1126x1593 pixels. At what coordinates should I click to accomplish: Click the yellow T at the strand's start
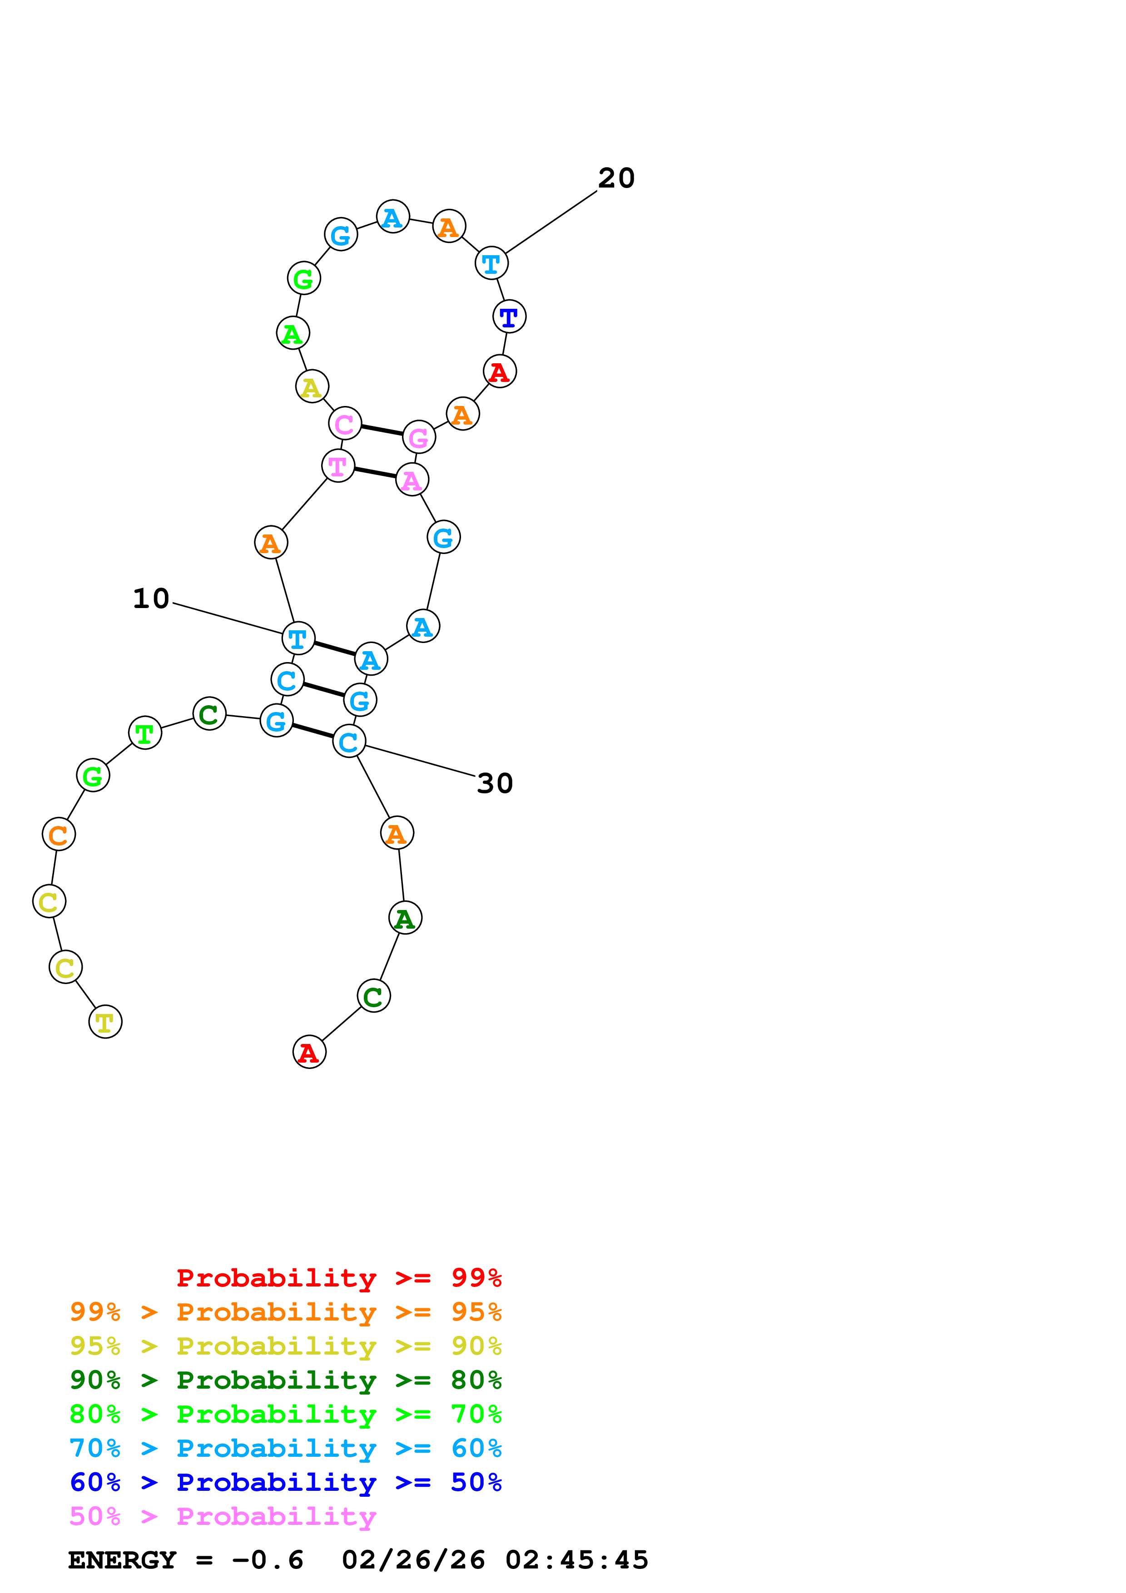click(105, 1022)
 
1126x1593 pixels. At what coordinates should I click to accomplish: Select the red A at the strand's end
click(309, 1053)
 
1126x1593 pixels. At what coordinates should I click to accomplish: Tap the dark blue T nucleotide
click(509, 317)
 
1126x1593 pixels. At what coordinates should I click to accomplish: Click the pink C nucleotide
click(345, 424)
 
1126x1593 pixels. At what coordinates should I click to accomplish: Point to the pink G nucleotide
click(419, 437)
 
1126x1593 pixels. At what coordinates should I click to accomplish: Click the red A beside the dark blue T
click(500, 372)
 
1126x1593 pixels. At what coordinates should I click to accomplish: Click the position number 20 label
click(616, 178)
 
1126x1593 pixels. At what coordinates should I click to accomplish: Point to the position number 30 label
click(495, 783)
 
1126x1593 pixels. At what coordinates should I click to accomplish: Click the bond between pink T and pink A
click(375, 472)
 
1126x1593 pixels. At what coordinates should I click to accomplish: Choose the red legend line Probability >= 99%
click(338, 1277)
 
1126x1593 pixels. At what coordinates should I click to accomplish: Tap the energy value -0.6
click(268, 1560)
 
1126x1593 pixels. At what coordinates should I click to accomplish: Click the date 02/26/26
click(413, 1560)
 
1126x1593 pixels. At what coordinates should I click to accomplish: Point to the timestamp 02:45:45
click(576, 1560)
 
